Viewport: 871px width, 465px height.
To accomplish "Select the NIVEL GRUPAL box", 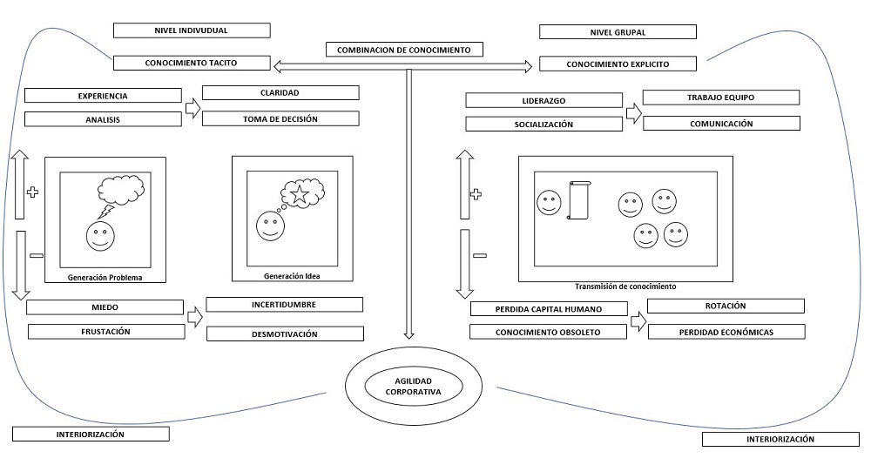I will pos(618,32).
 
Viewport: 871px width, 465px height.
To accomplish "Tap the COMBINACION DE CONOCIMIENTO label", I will pos(403,50).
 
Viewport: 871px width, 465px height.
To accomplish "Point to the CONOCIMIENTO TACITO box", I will pos(192,63).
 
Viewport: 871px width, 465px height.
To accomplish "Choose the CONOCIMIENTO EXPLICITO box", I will pos(618,64).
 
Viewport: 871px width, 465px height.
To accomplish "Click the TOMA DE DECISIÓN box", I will pos(280,118).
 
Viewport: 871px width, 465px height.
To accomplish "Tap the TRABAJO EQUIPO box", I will pos(721,98).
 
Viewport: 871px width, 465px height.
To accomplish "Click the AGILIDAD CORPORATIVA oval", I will pos(413,387).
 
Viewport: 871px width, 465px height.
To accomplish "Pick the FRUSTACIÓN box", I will pos(106,331).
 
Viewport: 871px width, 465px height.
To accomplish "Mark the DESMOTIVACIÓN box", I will pos(285,334).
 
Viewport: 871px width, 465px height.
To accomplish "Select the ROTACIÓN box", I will pos(726,306).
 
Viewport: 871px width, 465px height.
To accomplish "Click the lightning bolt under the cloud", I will pos(105,212).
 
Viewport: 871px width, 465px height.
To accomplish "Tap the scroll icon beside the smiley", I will pos(578,200).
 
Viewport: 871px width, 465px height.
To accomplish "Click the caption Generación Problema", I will pos(105,278).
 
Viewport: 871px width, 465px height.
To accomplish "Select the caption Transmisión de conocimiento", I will pos(625,286).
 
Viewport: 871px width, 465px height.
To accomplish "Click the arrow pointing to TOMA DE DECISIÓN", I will pos(192,109).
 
